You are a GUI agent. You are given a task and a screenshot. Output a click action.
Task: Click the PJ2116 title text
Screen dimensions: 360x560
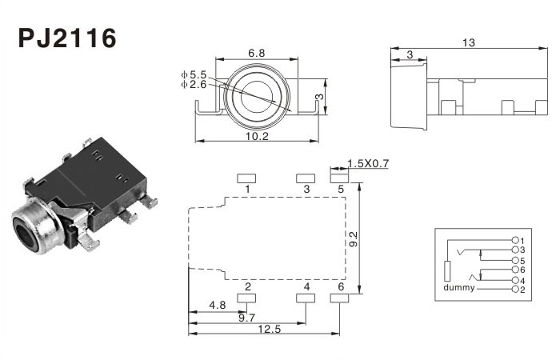coord(67,38)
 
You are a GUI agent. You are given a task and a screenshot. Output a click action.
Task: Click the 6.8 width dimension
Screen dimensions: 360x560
coord(256,53)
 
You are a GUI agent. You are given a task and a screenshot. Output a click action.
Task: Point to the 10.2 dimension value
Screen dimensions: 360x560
coord(256,136)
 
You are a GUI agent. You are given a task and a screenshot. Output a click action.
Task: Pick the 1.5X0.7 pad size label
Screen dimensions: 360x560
coord(368,164)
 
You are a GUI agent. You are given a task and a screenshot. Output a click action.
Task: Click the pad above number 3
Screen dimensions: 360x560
coord(305,178)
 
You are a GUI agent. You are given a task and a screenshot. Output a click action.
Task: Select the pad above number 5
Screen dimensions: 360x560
coord(340,178)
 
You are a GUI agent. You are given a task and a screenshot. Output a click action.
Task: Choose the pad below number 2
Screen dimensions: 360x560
coord(247,298)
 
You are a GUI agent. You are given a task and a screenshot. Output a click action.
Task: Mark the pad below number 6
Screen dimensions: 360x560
coord(340,298)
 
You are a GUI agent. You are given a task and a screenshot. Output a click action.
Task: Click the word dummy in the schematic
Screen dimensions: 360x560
coord(458,288)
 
